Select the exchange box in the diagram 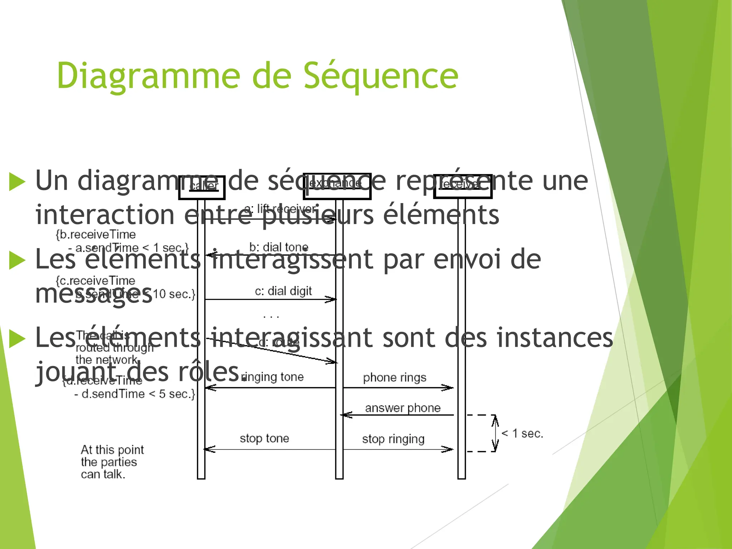point(337,186)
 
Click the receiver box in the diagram point(463,186)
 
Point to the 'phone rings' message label point(395,378)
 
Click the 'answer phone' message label point(403,408)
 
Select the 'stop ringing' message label point(393,439)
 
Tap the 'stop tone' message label point(264,438)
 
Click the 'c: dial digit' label point(283,291)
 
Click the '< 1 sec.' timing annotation point(522,434)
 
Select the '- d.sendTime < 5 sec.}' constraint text point(135,394)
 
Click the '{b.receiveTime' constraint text point(96,234)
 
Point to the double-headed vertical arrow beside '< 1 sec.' point(495,433)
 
